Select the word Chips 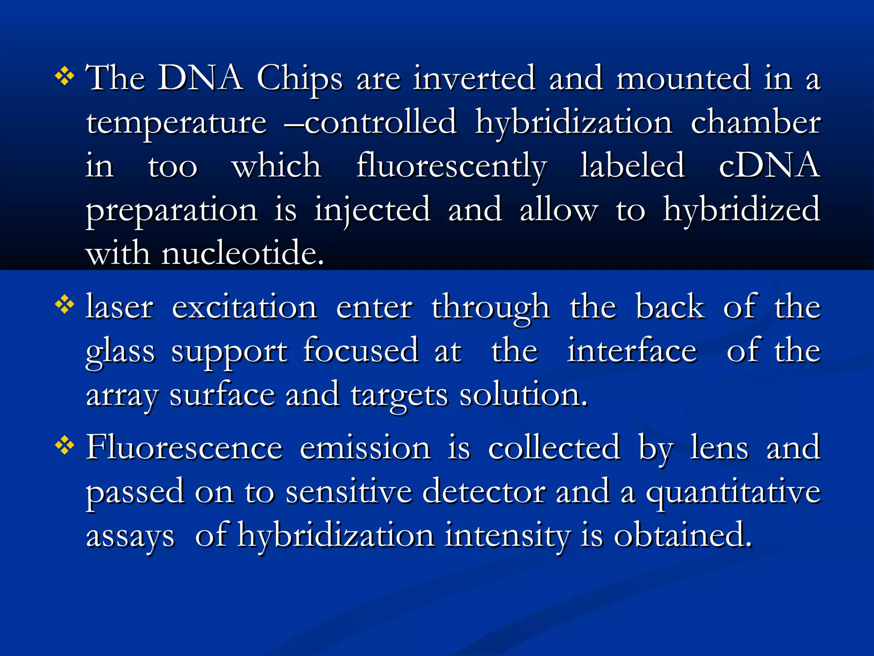tap(300, 79)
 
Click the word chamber tap(755, 123)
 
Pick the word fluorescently tap(452, 167)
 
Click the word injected tap(372, 211)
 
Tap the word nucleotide tap(242, 254)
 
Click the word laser tap(119, 307)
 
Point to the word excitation tap(245, 307)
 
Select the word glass tap(120, 352)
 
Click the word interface tap(632, 351)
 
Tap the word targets tap(399, 395)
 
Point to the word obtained tap(682, 536)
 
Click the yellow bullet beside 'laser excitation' tap(64, 305)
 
